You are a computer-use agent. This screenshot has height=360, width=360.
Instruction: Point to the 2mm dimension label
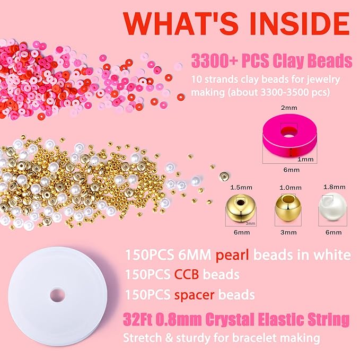click(288, 121)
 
